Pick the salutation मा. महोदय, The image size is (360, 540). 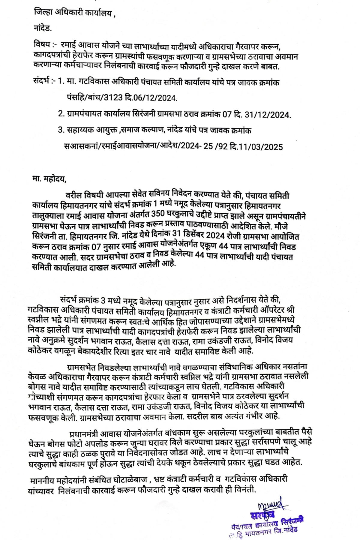pos(48,179)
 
